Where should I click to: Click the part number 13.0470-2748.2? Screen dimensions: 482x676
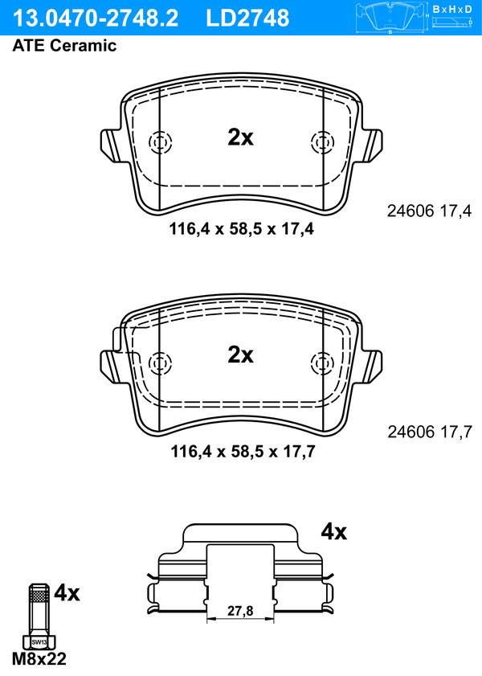(95, 18)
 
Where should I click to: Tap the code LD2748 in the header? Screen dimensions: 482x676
(247, 18)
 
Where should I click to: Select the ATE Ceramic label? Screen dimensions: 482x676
(64, 45)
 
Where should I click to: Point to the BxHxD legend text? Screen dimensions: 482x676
(452, 9)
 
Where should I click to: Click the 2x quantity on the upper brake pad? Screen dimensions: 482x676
(240, 137)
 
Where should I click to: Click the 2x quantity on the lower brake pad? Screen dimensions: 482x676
(240, 354)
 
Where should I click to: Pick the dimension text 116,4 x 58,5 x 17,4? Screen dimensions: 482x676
(241, 228)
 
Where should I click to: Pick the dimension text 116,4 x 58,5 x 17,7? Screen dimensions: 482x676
(243, 452)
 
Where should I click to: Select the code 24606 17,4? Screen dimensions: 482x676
(430, 211)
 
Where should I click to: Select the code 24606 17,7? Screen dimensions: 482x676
(430, 432)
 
